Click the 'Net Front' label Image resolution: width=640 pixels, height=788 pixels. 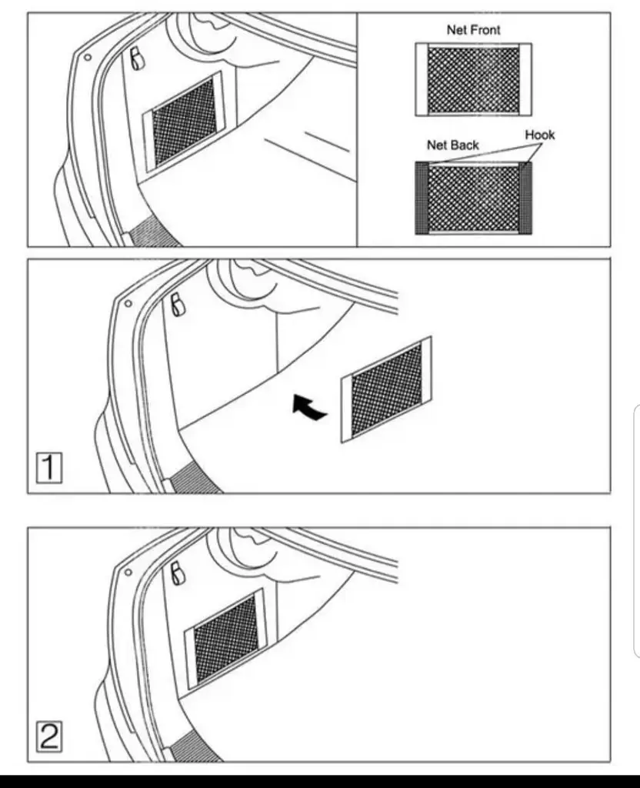[473, 30]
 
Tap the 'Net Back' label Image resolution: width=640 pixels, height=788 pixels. [452, 145]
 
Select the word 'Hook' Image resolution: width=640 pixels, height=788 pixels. [540, 135]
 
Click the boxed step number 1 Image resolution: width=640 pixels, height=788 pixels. [49, 468]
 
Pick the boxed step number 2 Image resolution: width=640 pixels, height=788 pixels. [49, 736]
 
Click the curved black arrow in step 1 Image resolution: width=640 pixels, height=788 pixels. [308, 407]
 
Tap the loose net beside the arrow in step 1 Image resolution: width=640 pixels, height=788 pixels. [386, 390]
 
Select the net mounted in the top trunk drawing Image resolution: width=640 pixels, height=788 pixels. [184, 122]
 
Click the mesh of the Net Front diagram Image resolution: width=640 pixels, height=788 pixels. [473, 80]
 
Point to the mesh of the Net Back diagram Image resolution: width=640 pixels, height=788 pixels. [473, 199]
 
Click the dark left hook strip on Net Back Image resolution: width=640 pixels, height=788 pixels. [421, 198]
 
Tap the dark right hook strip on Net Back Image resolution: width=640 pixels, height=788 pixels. [525, 198]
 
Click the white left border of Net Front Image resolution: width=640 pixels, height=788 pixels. [422, 80]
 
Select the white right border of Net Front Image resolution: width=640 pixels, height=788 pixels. [525, 80]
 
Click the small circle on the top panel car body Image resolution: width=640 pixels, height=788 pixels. [88, 57]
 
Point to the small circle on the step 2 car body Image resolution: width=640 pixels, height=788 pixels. [128, 572]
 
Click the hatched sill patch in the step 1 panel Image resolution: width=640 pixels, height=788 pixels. [196, 479]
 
